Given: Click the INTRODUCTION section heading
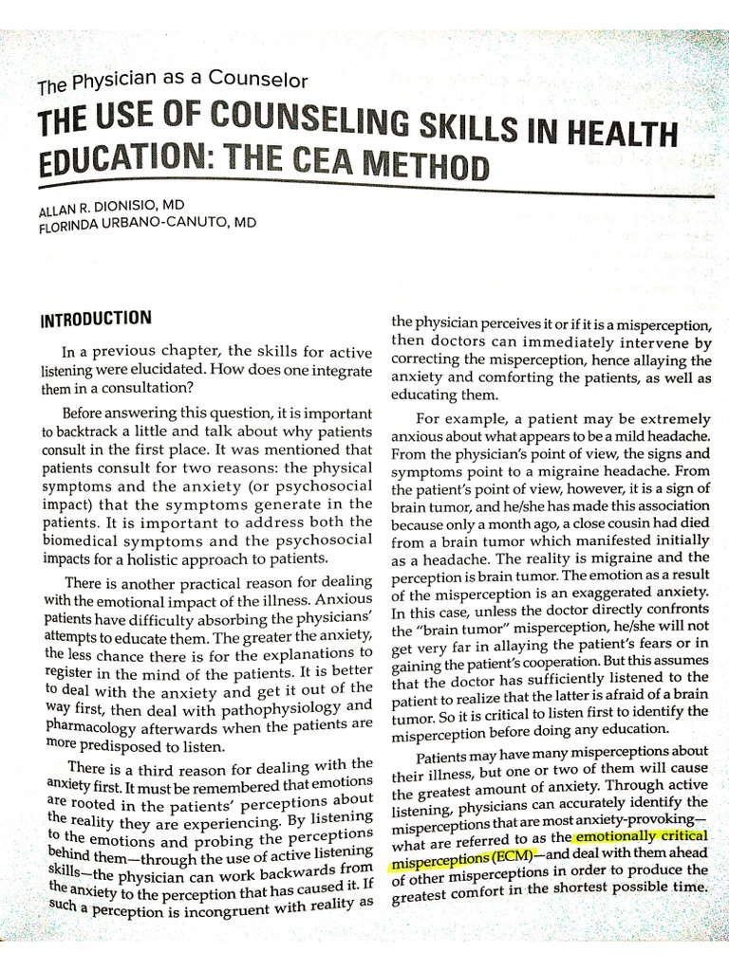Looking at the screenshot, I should (x=95, y=320).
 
